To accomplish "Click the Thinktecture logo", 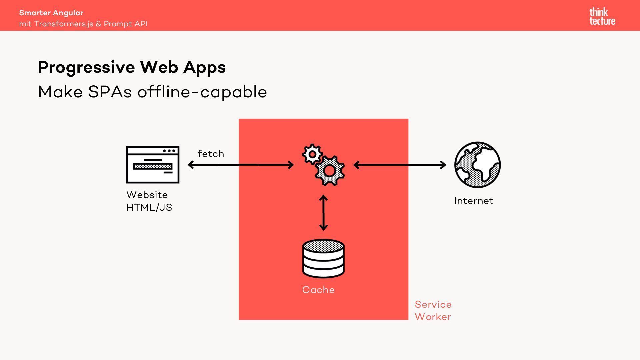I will pyautogui.click(x=602, y=17).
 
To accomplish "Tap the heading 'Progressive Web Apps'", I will pyautogui.click(x=132, y=67).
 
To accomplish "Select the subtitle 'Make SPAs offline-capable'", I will pyautogui.click(x=152, y=92).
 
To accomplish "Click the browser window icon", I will pyautogui.click(x=153, y=165).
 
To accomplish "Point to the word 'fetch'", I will pyautogui.click(x=211, y=154).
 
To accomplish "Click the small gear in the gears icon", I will pyautogui.click(x=312, y=154).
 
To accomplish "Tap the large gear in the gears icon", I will pyautogui.click(x=330, y=171).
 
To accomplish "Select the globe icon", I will pyautogui.click(x=477, y=165).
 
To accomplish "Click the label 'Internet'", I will pyautogui.click(x=473, y=201).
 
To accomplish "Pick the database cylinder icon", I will pyautogui.click(x=323, y=259).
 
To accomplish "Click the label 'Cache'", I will pyautogui.click(x=318, y=290).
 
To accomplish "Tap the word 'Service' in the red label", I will pyautogui.click(x=433, y=304).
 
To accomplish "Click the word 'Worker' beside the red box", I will pyautogui.click(x=433, y=317).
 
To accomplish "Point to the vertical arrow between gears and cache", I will pyautogui.click(x=323, y=213).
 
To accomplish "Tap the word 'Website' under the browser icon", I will pyautogui.click(x=147, y=195).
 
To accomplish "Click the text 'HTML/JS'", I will pyautogui.click(x=149, y=207).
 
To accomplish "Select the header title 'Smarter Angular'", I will pyautogui.click(x=51, y=13).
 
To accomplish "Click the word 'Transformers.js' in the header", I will pyautogui.click(x=64, y=24).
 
